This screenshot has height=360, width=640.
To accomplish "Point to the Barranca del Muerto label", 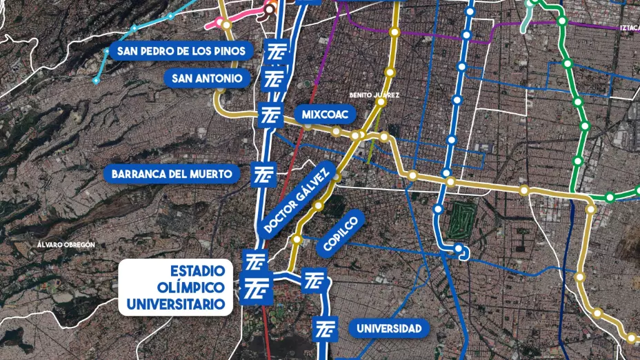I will coord(172,173).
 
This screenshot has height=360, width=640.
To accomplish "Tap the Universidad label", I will coord(389,328).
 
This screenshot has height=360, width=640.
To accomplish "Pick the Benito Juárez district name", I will coord(374,94).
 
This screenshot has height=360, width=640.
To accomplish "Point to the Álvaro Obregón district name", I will coord(67,244).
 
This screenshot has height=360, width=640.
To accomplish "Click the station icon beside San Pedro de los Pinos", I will coord(275,52).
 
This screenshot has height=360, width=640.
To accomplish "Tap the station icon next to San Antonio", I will coord(274,79).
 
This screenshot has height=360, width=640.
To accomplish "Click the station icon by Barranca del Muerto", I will coord(266,174).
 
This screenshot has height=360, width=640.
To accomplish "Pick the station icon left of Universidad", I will coord(325,328).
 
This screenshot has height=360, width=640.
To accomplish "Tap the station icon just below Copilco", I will coord(314,280).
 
